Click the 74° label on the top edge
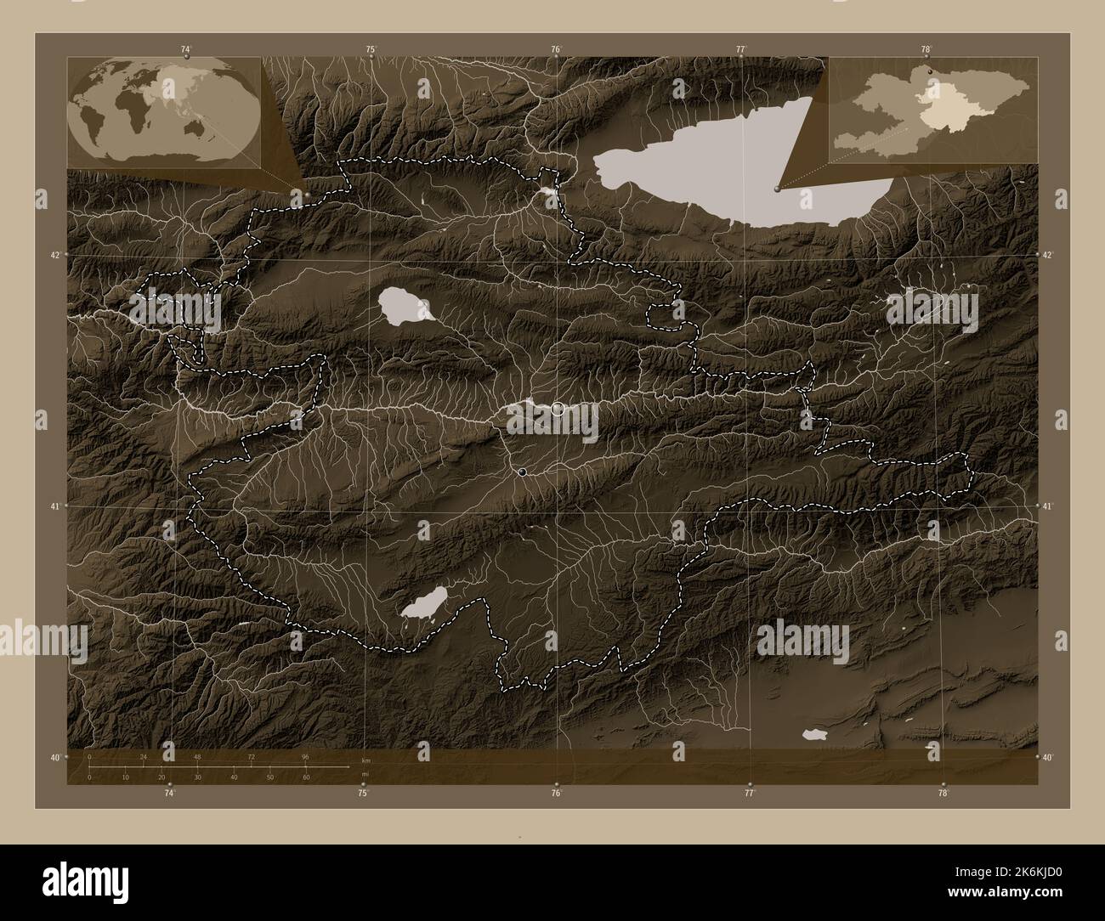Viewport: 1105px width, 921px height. (x=185, y=49)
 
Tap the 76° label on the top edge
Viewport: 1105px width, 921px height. (x=555, y=49)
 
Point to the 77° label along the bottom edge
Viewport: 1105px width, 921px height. (x=749, y=794)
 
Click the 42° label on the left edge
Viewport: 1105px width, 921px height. (x=55, y=255)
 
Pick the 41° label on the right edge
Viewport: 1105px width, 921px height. (x=1049, y=506)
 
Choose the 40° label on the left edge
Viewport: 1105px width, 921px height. (x=55, y=757)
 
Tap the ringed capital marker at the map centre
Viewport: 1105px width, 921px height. (x=558, y=409)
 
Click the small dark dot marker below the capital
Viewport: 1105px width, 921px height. (x=522, y=472)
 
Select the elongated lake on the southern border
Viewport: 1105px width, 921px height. (x=424, y=604)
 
